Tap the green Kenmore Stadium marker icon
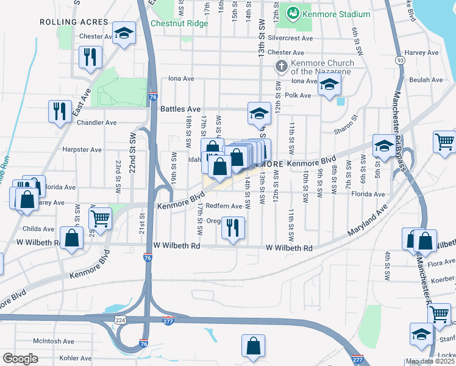(x=293, y=13)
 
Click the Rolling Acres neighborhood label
(x=65, y=22)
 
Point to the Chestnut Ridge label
(x=179, y=24)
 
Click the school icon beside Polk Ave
(x=329, y=87)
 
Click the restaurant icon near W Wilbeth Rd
(x=233, y=228)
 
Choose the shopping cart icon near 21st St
(x=100, y=217)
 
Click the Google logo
(x=20, y=359)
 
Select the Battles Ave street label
(x=180, y=109)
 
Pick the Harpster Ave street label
(x=82, y=149)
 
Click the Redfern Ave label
(x=224, y=206)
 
